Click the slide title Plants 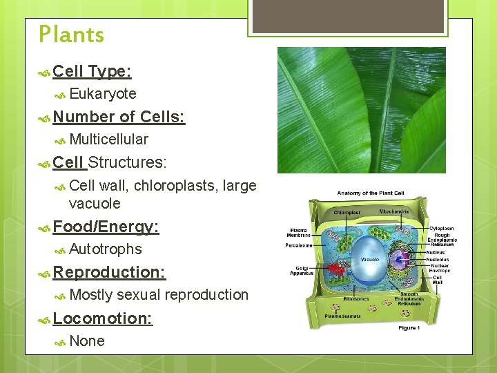[71, 35]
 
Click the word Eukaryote [103, 94]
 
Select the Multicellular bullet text [108, 140]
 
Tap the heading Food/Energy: [106, 227]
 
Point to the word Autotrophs [106, 249]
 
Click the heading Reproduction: [109, 272]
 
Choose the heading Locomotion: [102, 318]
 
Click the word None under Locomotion [87, 341]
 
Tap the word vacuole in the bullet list [95, 204]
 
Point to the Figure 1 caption [409, 327]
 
